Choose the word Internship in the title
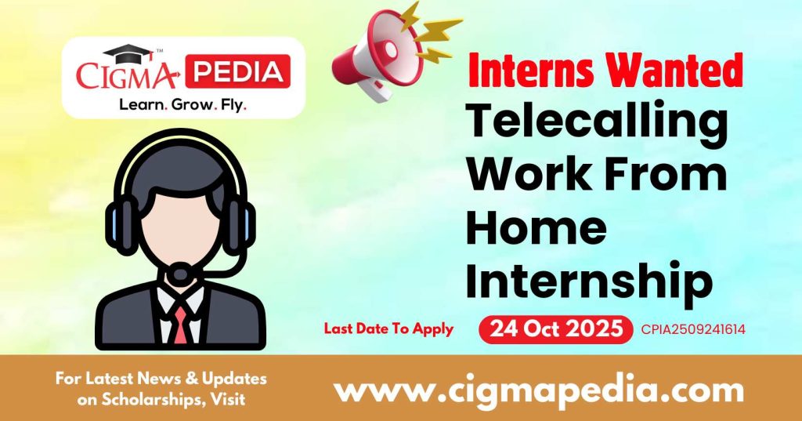tap(589, 281)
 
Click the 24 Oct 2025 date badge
tap(555, 329)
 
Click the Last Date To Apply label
tap(388, 329)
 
